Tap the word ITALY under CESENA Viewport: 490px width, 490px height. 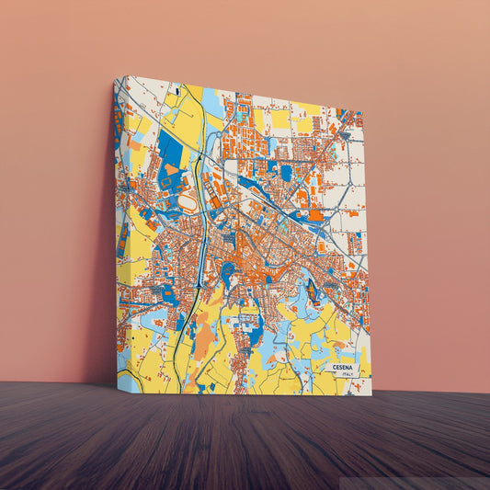click(347, 374)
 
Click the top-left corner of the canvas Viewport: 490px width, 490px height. click(115, 77)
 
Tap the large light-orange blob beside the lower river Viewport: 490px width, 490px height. click(204, 339)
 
